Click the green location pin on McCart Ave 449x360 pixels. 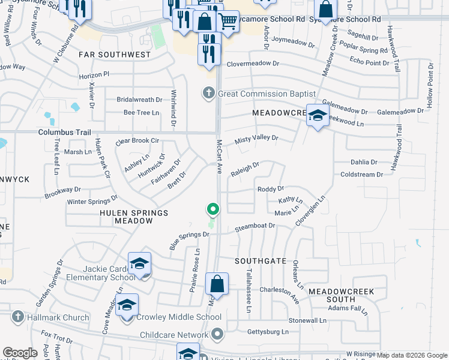(212, 209)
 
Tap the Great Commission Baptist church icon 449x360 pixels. (208, 93)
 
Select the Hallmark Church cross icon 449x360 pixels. (18, 316)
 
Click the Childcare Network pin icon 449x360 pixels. (217, 334)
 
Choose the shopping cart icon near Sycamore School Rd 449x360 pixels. (228, 22)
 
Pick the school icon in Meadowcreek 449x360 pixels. (317, 115)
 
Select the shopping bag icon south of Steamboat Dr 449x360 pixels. (217, 284)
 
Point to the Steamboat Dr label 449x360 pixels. (255, 226)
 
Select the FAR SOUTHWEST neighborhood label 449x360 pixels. (115, 55)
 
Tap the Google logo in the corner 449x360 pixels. (20, 353)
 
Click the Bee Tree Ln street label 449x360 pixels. (141, 112)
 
